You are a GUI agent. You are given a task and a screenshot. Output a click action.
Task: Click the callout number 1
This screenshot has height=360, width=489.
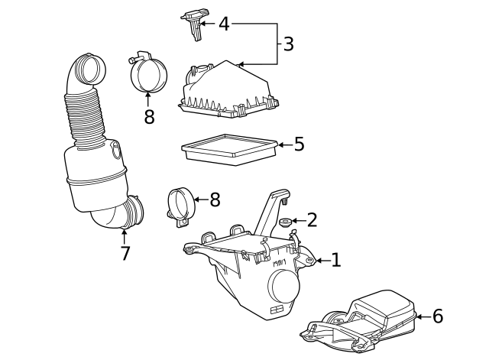[x=335, y=261]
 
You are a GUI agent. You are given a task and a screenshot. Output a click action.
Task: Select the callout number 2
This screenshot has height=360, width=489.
[x=312, y=221]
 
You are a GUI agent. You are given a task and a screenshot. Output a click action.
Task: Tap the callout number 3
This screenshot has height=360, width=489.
[x=288, y=44]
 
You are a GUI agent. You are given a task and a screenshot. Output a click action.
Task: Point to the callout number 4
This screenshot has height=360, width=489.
[x=223, y=24]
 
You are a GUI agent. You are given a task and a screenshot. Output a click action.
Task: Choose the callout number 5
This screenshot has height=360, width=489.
[x=299, y=144]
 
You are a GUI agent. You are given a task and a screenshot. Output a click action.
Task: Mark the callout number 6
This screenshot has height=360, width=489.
[x=437, y=316]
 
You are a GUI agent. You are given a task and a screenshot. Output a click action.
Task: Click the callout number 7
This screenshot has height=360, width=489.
[x=125, y=253]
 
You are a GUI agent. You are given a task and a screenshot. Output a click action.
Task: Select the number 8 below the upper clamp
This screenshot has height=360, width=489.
[x=149, y=117]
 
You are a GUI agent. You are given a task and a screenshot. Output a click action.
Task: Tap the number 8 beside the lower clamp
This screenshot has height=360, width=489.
[x=215, y=199]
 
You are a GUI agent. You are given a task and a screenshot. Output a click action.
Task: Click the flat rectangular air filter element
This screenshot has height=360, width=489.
[x=228, y=148]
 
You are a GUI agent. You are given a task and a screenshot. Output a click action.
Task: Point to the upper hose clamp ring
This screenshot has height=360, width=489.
[x=147, y=73]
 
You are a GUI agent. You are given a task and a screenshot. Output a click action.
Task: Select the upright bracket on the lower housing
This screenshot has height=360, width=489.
[x=271, y=210]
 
